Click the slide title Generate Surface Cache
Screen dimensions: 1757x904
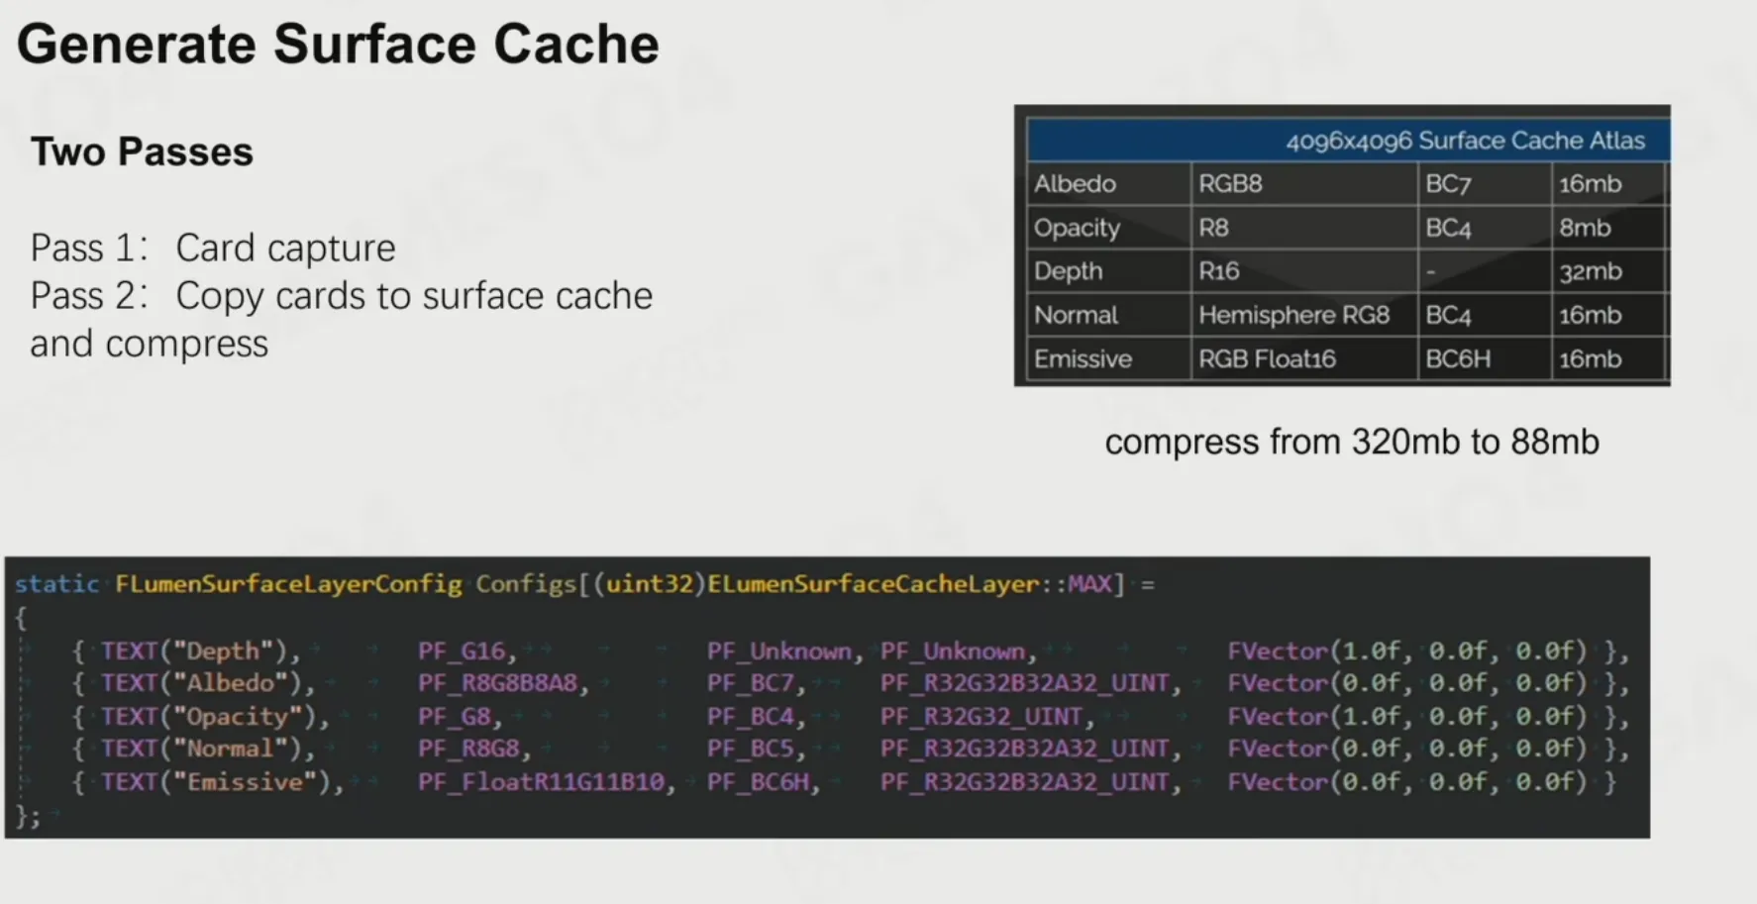click(x=338, y=46)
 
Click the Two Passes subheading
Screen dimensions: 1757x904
click(x=142, y=152)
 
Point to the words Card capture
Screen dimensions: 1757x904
click(x=285, y=248)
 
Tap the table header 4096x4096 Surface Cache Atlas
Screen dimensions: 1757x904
click(x=1465, y=141)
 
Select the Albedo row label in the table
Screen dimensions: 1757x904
click(x=1075, y=184)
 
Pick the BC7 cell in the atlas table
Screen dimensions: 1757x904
click(x=1448, y=184)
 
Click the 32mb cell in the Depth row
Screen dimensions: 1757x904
click(x=1591, y=271)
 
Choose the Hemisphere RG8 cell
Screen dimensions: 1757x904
click(x=1293, y=315)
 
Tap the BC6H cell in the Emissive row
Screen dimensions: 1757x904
click(x=1458, y=358)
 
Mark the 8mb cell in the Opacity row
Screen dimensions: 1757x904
click(x=1585, y=228)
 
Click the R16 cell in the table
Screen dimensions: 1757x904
click(x=1218, y=271)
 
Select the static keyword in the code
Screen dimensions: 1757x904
click(x=56, y=584)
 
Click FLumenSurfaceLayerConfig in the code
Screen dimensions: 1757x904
click(x=288, y=584)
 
